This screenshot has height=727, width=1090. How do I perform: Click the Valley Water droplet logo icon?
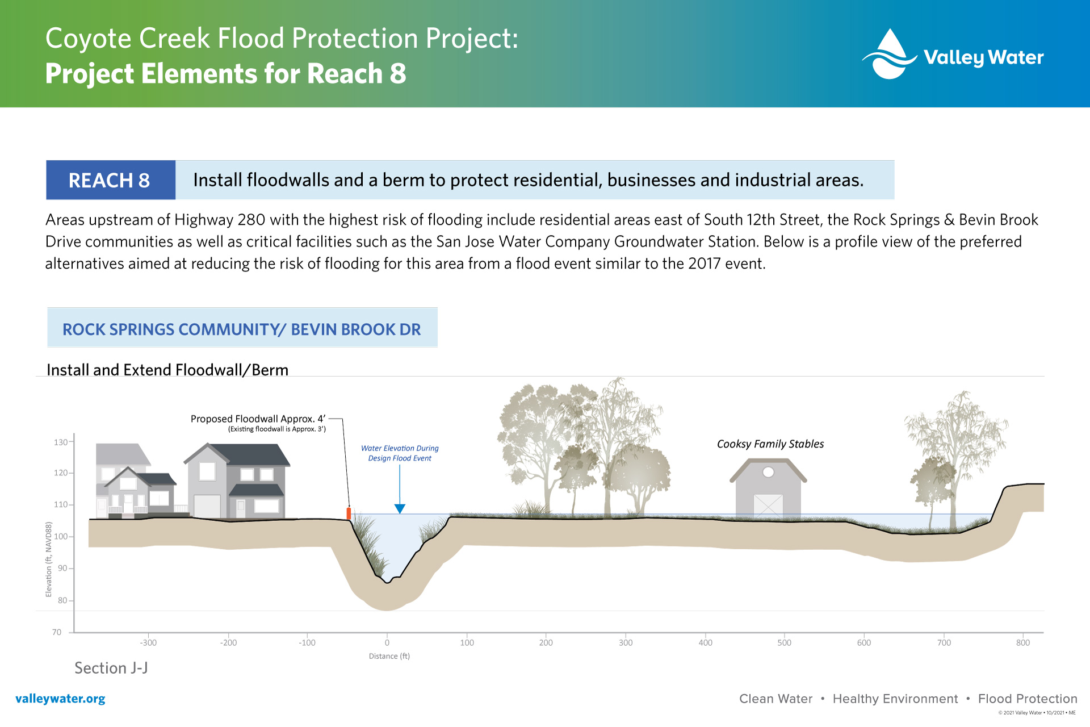click(889, 54)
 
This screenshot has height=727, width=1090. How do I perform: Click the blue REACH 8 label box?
click(111, 180)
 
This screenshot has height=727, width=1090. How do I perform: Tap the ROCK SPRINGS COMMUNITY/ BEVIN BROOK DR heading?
click(242, 329)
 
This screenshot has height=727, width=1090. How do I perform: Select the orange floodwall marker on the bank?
click(349, 513)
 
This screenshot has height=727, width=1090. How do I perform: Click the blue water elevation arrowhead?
click(400, 509)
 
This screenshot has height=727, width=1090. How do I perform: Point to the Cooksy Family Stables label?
click(770, 444)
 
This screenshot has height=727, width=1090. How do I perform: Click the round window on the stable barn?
click(768, 472)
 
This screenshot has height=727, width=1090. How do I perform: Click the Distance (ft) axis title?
click(389, 656)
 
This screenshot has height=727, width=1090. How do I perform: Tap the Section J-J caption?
click(111, 668)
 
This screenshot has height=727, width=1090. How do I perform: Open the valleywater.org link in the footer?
click(60, 699)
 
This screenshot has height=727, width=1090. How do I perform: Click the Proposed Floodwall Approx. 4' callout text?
click(258, 419)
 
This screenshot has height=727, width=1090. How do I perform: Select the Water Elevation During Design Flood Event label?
click(400, 453)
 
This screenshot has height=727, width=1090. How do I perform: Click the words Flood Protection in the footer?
click(1028, 699)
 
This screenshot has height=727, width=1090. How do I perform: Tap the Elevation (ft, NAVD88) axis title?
click(49, 559)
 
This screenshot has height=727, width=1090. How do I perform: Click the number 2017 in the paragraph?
click(705, 264)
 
